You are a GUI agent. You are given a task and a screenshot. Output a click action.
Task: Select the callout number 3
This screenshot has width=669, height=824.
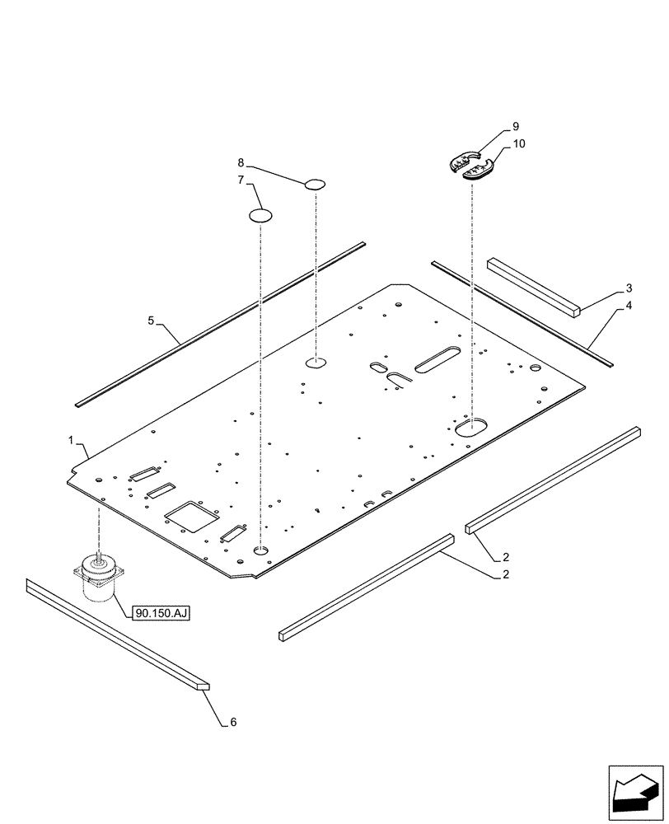pyautogui.click(x=629, y=288)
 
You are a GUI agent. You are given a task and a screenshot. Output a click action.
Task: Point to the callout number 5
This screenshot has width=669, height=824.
pyautogui.click(x=152, y=320)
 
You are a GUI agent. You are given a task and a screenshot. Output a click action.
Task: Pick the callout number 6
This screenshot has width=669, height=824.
pyautogui.click(x=232, y=722)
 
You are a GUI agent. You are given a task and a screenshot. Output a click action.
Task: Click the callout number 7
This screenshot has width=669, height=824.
pyautogui.click(x=241, y=180)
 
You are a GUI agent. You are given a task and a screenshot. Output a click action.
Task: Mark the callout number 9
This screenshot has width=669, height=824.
pyautogui.click(x=515, y=127)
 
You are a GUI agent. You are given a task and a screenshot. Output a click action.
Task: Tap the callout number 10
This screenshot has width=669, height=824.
pyautogui.click(x=519, y=143)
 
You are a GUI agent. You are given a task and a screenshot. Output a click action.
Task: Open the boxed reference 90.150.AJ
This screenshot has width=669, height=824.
pyautogui.click(x=159, y=612)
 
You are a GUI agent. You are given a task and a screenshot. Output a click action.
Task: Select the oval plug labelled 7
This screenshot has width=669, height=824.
pyautogui.click(x=260, y=216)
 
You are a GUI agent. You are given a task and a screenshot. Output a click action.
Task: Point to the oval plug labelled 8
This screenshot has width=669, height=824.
pyautogui.click(x=316, y=185)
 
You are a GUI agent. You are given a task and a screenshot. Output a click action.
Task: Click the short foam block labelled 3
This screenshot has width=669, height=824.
pyautogui.click(x=534, y=285)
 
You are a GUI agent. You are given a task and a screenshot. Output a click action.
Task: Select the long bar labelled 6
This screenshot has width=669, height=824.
pyautogui.click(x=115, y=633)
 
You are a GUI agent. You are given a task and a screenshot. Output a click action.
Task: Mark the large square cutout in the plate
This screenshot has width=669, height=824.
pyautogui.click(x=191, y=517)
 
